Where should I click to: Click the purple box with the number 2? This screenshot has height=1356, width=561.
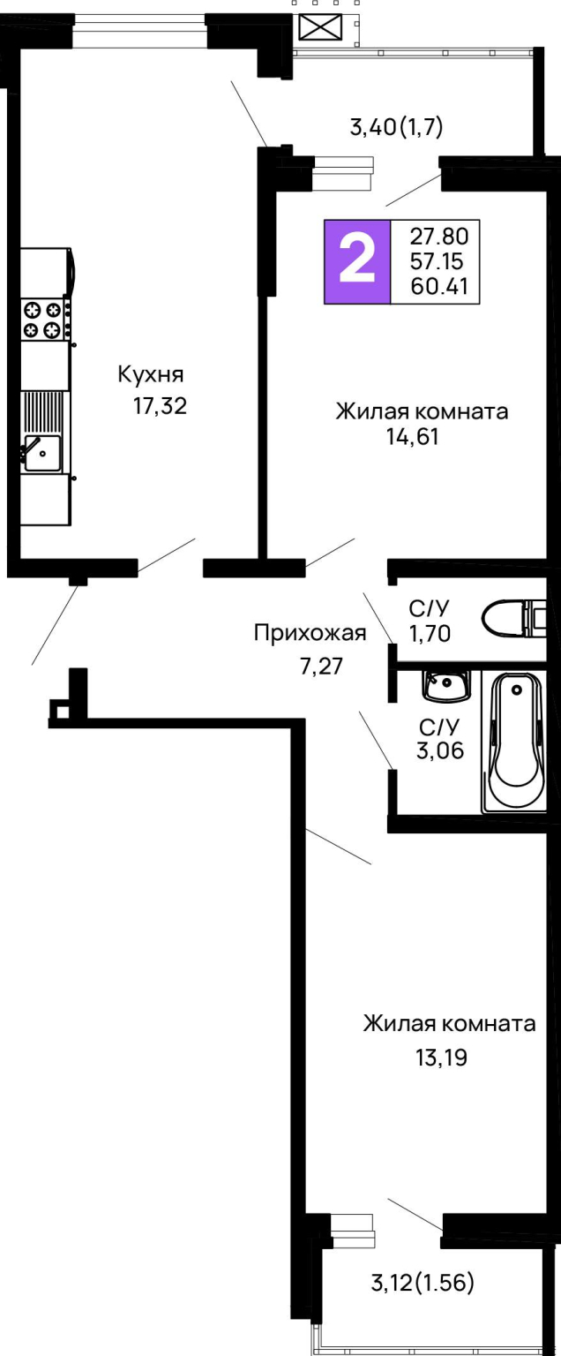pyautogui.click(x=357, y=261)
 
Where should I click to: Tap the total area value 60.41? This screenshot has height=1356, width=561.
pyautogui.click(x=439, y=286)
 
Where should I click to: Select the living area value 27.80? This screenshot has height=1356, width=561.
pyautogui.click(x=439, y=236)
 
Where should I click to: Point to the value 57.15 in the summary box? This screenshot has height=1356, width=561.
pyautogui.click(x=437, y=261)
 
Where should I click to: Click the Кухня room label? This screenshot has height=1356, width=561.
pyautogui.click(x=151, y=374)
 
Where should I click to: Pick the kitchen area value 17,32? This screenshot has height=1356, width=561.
pyautogui.click(x=161, y=405)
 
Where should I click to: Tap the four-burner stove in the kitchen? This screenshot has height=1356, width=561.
pyautogui.click(x=42, y=319)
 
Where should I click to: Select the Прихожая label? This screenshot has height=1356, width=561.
pyautogui.click(x=310, y=633)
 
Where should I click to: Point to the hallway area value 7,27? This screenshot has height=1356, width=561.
pyautogui.click(x=322, y=666)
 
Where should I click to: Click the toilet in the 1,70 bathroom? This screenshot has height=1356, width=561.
pyautogui.click(x=514, y=619)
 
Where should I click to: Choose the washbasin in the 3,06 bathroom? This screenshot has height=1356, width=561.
pyautogui.click(x=446, y=687)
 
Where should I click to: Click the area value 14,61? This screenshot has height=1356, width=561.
pyautogui.click(x=412, y=436)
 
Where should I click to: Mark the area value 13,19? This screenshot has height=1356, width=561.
pyautogui.click(x=441, y=1057)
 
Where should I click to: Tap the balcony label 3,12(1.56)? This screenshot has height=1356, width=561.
pyautogui.click(x=423, y=1282)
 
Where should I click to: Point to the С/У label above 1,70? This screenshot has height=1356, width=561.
pyautogui.click(x=430, y=607)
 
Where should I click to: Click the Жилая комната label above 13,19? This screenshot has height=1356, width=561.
pyautogui.click(x=449, y=1024)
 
